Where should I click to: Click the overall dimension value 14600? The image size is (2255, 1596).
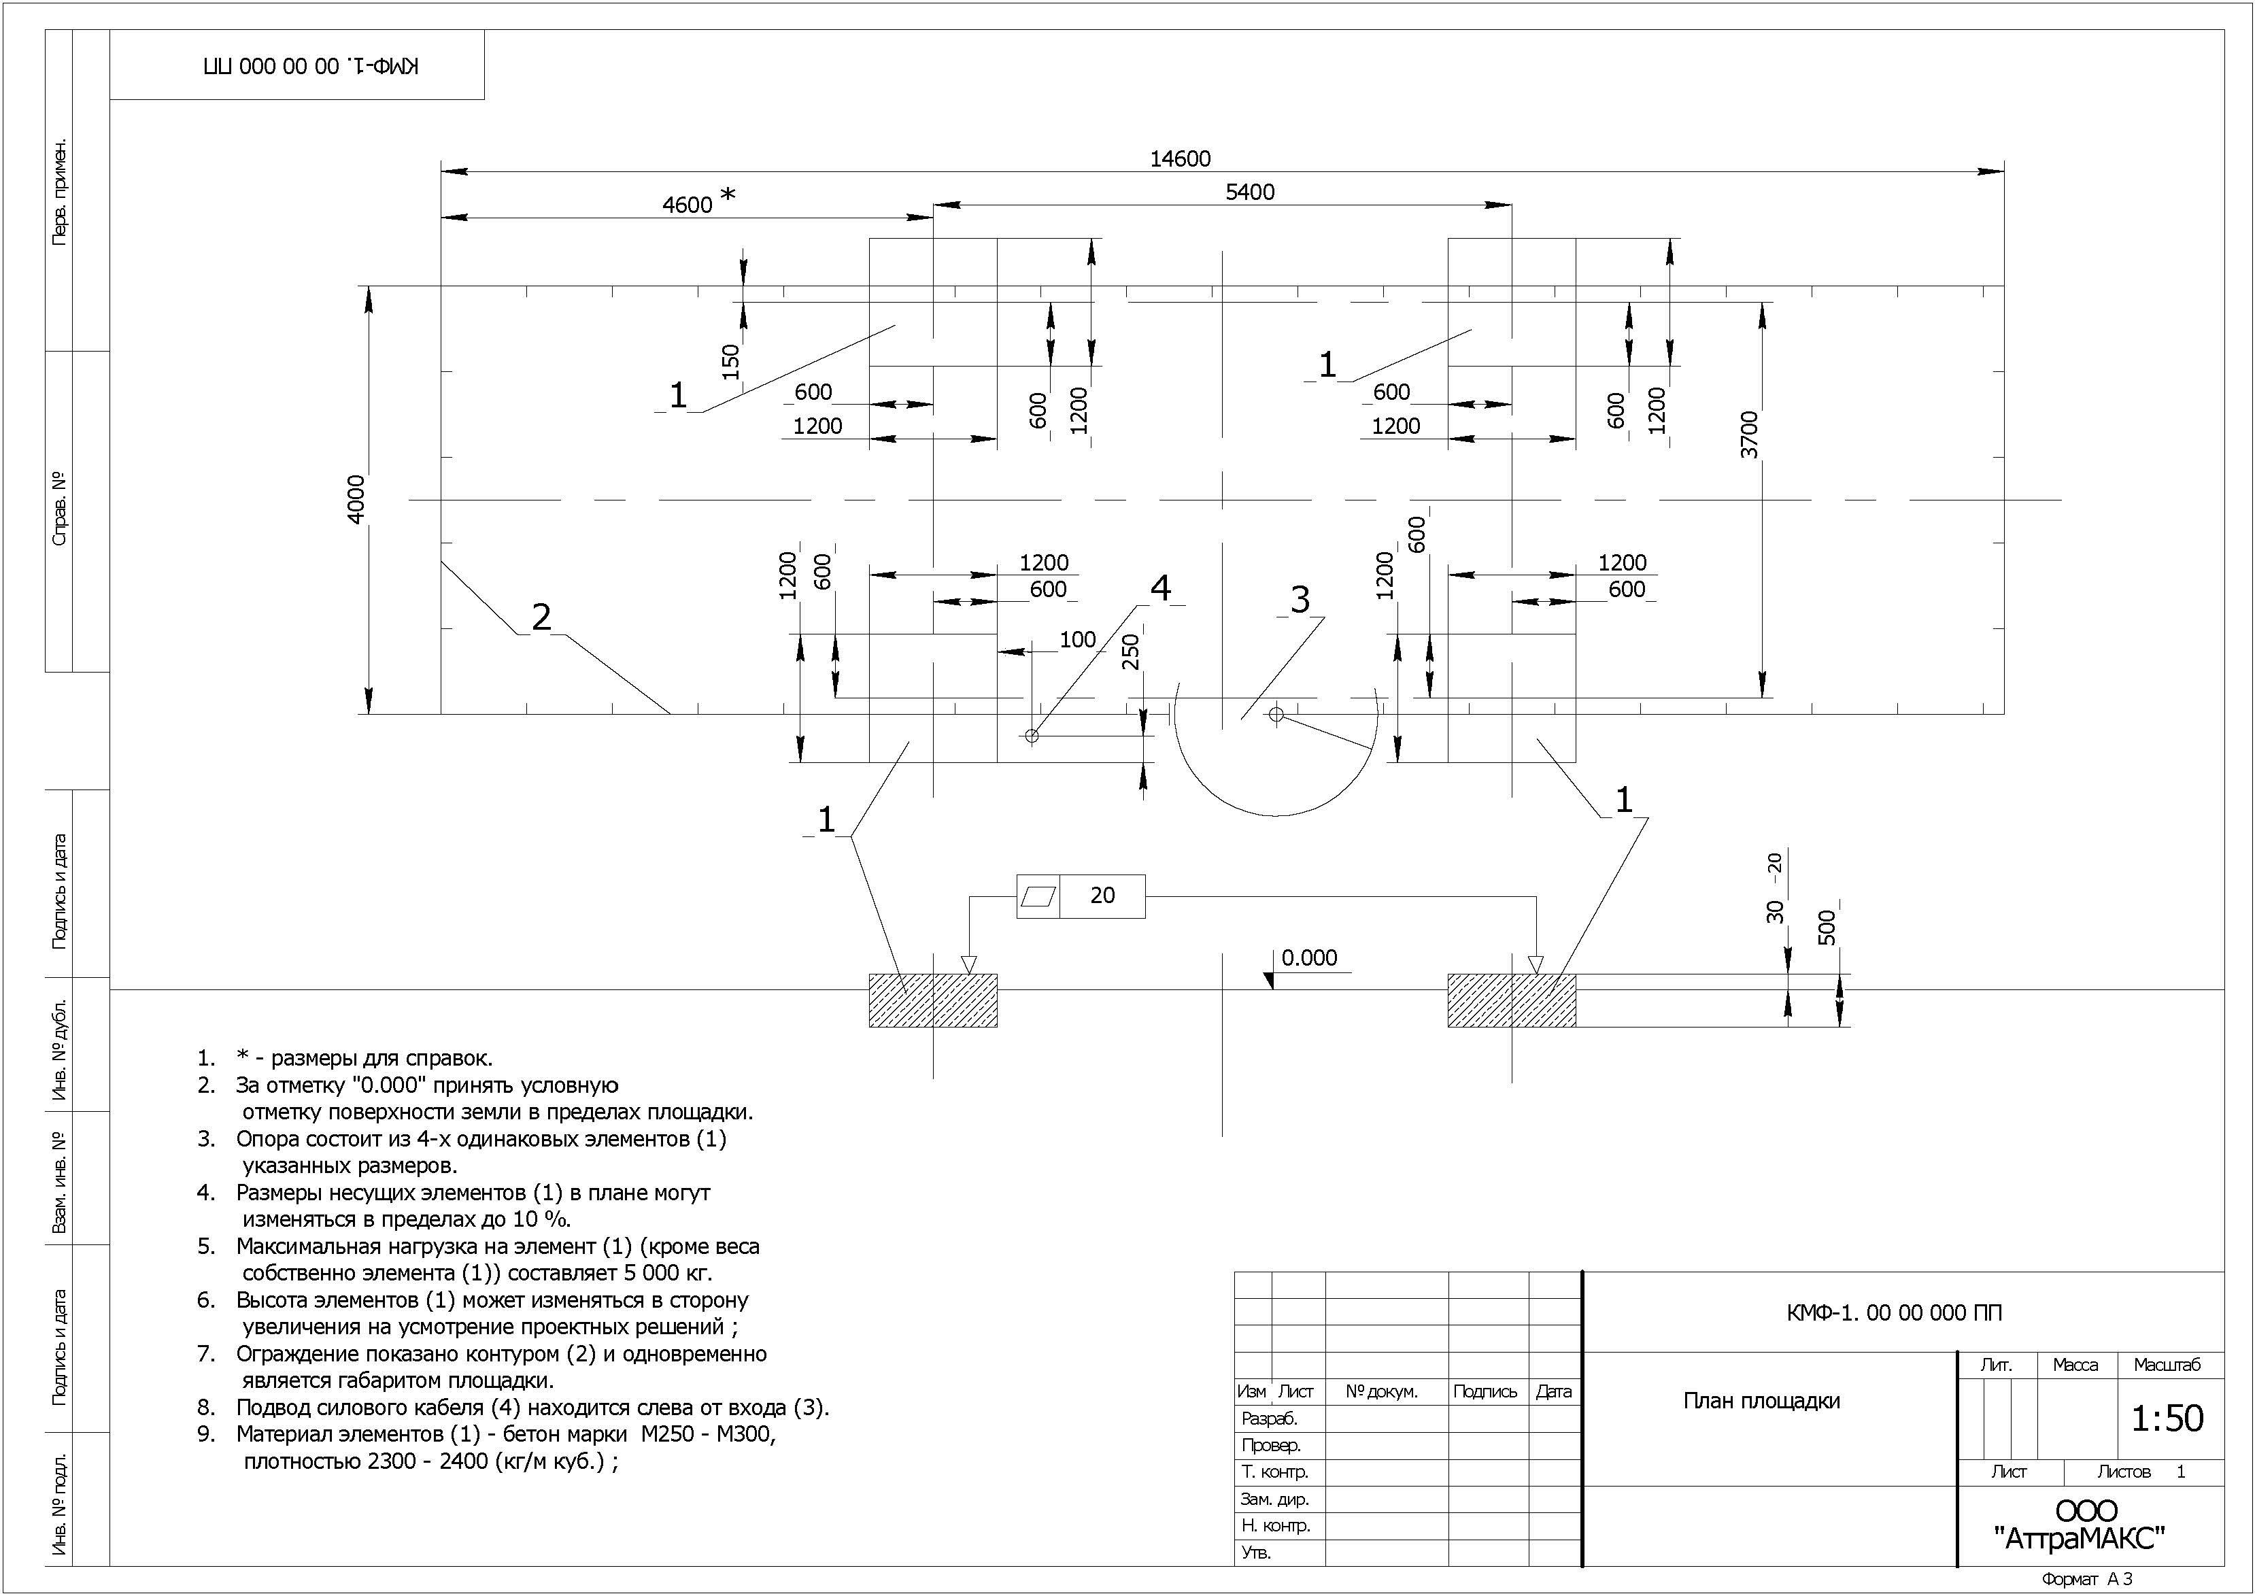click(1180, 158)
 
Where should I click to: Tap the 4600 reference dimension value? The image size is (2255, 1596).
click(687, 205)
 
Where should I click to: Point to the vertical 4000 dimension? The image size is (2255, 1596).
click(356, 498)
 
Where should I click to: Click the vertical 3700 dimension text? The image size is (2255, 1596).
click(1749, 435)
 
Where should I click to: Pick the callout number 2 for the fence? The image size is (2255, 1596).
click(541, 617)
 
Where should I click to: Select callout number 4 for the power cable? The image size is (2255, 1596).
click(1160, 588)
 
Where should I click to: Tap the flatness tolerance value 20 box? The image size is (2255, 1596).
click(1102, 896)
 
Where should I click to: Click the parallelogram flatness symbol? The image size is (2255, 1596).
click(1038, 896)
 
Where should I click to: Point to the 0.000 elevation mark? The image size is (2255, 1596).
click(1309, 957)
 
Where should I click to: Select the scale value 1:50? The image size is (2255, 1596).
click(2167, 1418)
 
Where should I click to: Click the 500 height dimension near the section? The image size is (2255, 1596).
click(1827, 927)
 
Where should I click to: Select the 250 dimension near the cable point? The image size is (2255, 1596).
click(1130, 651)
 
